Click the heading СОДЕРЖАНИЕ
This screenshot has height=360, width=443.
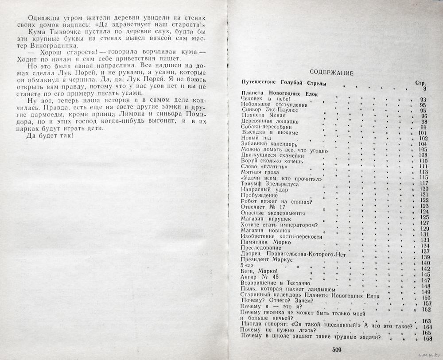[331, 73]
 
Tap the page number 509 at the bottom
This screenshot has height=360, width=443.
[337, 350]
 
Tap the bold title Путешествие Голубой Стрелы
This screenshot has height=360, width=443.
[284, 83]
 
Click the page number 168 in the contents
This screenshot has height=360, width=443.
[427, 339]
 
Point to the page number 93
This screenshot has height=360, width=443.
[423, 99]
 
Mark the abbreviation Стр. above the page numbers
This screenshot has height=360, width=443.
[420, 83]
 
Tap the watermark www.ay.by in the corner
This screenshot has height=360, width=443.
[428, 355]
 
